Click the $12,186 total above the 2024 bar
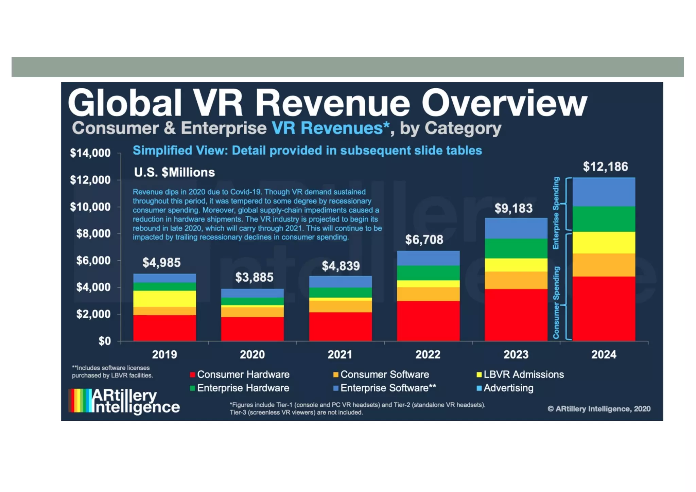tap(605, 167)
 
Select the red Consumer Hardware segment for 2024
tap(604, 308)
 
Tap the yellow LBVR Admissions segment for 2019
tap(164, 299)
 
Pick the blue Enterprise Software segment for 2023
tap(516, 228)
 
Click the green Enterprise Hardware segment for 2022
tap(428, 273)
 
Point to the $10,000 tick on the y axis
tap(90, 207)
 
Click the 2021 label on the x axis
tap(340, 355)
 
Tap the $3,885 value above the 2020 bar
tap(254, 278)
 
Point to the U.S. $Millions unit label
tap(174, 173)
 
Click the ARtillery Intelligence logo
tap(124, 401)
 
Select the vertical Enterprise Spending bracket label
tap(556, 213)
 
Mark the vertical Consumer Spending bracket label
tap(556, 302)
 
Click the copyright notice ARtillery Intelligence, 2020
tap(599, 409)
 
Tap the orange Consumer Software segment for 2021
tap(340, 306)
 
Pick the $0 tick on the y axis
tap(104, 341)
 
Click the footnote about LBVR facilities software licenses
tap(112, 372)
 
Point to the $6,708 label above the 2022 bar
tap(424, 240)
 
